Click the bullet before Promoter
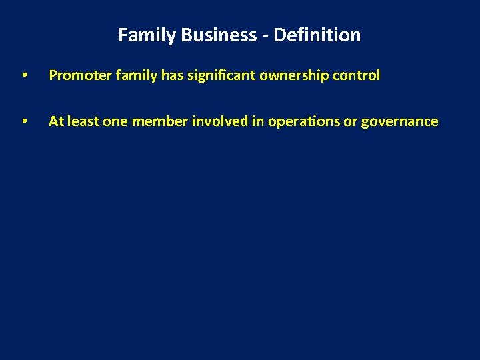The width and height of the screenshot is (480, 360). (x=24, y=76)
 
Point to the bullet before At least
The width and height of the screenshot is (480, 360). (x=24, y=122)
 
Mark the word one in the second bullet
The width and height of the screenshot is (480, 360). (x=114, y=121)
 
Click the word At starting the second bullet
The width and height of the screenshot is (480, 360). (x=56, y=121)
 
